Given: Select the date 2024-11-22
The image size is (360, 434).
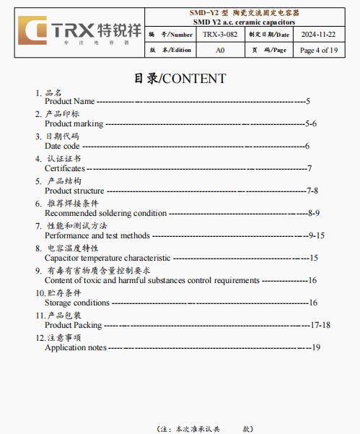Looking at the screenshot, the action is [x=318, y=34].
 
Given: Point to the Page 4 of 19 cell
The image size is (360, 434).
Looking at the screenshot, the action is [x=318, y=50].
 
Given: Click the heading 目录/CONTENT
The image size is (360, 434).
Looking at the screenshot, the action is [x=180, y=78].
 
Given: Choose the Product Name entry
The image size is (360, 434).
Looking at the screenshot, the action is [x=69, y=102].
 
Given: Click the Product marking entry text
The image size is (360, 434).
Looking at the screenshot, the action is [x=74, y=124].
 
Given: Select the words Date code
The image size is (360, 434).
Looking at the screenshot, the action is [x=62, y=146].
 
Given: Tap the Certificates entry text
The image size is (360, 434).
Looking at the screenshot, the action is [x=65, y=168].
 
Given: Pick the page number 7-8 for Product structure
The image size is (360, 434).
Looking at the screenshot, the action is [x=312, y=191].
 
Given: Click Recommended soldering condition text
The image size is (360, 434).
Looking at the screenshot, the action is [x=105, y=213].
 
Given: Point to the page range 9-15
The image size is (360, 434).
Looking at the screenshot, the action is [x=316, y=235].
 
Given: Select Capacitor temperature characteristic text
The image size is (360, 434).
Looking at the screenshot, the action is [x=107, y=258].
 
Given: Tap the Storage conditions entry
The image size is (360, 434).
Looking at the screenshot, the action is [x=77, y=303].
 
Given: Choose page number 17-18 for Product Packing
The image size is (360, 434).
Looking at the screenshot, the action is [x=320, y=325].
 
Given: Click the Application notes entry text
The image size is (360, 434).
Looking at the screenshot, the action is [x=76, y=347].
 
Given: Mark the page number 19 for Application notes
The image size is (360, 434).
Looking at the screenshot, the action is [x=315, y=347].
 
